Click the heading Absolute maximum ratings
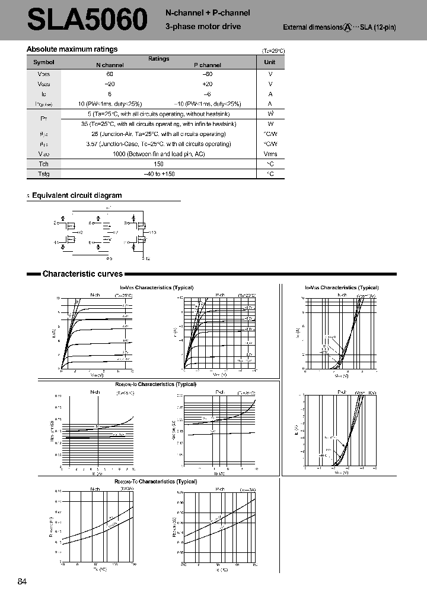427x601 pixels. (x=72, y=49)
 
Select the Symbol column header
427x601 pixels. (x=43, y=62)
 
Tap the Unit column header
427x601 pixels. (x=270, y=62)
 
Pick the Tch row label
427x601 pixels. (x=43, y=164)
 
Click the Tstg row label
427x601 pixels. (x=43, y=174)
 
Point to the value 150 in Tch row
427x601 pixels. (x=158, y=164)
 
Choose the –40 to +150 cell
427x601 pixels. (x=158, y=174)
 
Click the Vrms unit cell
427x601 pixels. (x=270, y=154)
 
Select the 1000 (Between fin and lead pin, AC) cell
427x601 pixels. (x=158, y=154)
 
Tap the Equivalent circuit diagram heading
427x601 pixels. (x=77, y=195)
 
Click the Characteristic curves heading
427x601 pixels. (x=82, y=274)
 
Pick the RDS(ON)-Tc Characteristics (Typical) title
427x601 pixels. (x=156, y=482)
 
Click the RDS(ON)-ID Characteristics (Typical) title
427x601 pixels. (x=156, y=384)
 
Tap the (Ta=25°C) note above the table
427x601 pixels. (x=273, y=51)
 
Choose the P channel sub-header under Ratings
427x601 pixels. (x=208, y=65)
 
